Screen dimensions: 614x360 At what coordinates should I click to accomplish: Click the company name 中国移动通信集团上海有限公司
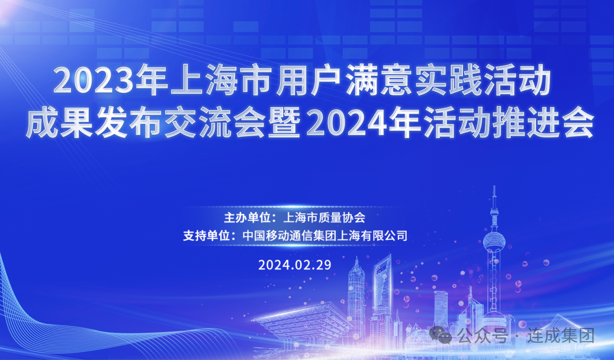(x=325, y=236)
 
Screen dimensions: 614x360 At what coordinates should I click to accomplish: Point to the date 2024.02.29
(x=295, y=265)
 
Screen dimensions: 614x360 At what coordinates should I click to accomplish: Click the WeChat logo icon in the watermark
(x=441, y=335)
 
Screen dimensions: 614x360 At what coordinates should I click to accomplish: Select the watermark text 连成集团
(x=560, y=336)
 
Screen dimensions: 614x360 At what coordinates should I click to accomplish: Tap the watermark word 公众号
(x=483, y=336)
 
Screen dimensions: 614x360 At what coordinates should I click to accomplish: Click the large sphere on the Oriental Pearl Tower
(x=494, y=242)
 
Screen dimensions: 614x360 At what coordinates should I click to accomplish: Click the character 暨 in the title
(x=284, y=122)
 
